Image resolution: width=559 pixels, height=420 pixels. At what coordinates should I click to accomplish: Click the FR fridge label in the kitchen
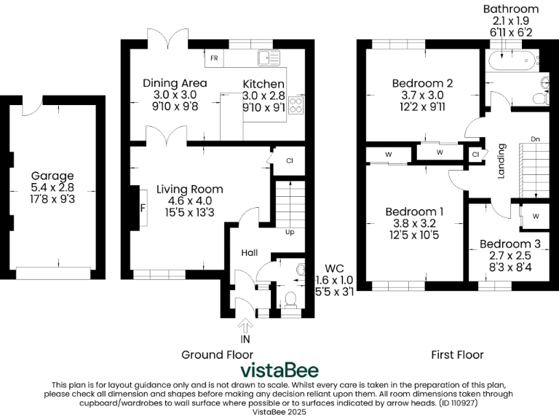click(214, 58)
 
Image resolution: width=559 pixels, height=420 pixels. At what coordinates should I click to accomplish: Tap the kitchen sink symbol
click(269, 58)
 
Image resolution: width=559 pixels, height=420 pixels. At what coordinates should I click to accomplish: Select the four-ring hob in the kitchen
click(296, 105)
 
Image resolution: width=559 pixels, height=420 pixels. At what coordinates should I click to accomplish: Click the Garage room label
click(52, 176)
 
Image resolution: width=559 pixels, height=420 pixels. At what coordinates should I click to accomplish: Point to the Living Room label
click(190, 190)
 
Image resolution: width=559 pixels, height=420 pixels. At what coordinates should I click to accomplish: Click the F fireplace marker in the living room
click(143, 208)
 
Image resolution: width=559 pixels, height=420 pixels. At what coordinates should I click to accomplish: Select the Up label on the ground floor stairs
click(290, 232)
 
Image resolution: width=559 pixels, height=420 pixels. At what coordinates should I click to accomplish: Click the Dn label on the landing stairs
click(535, 139)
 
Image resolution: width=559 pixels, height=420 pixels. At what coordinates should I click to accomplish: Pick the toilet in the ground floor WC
click(291, 300)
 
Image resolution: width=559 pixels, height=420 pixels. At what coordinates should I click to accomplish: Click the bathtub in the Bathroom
click(513, 61)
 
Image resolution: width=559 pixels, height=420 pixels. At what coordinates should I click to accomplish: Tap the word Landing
click(501, 161)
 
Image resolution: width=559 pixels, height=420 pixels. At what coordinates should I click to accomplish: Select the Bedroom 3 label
click(510, 244)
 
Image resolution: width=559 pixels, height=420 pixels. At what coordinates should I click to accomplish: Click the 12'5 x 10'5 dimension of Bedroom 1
click(414, 235)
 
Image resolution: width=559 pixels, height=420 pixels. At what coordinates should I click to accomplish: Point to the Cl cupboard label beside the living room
click(290, 160)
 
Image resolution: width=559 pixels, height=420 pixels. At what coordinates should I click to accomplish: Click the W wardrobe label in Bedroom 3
click(536, 216)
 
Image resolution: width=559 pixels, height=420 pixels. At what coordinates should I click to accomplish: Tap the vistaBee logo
click(279, 370)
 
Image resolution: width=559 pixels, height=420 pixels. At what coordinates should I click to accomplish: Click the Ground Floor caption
click(217, 354)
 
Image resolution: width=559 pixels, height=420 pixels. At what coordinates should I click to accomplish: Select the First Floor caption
click(457, 354)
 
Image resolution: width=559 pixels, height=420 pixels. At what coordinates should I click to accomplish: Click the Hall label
click(250, 253)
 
